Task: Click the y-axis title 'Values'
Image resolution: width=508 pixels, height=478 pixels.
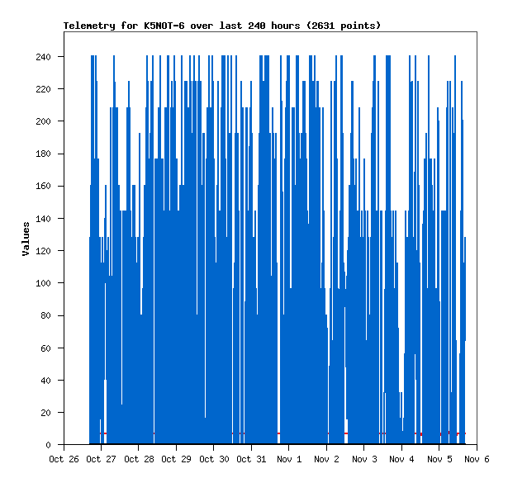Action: [26, 239]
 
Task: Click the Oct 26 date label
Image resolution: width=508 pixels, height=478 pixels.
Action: [64, 459]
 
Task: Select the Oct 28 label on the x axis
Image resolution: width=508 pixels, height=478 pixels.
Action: [139, 459]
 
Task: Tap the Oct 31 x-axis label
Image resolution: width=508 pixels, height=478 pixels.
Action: [251, 459]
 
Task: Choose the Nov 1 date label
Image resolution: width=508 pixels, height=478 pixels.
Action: [289, 459]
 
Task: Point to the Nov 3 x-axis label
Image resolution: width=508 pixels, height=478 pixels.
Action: [364, 459]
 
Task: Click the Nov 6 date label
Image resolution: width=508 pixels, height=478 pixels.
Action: [477, 459]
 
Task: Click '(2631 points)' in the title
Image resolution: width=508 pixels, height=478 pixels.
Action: [344, 26]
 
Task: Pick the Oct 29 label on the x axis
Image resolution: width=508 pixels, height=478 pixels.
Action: [176, 459]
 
